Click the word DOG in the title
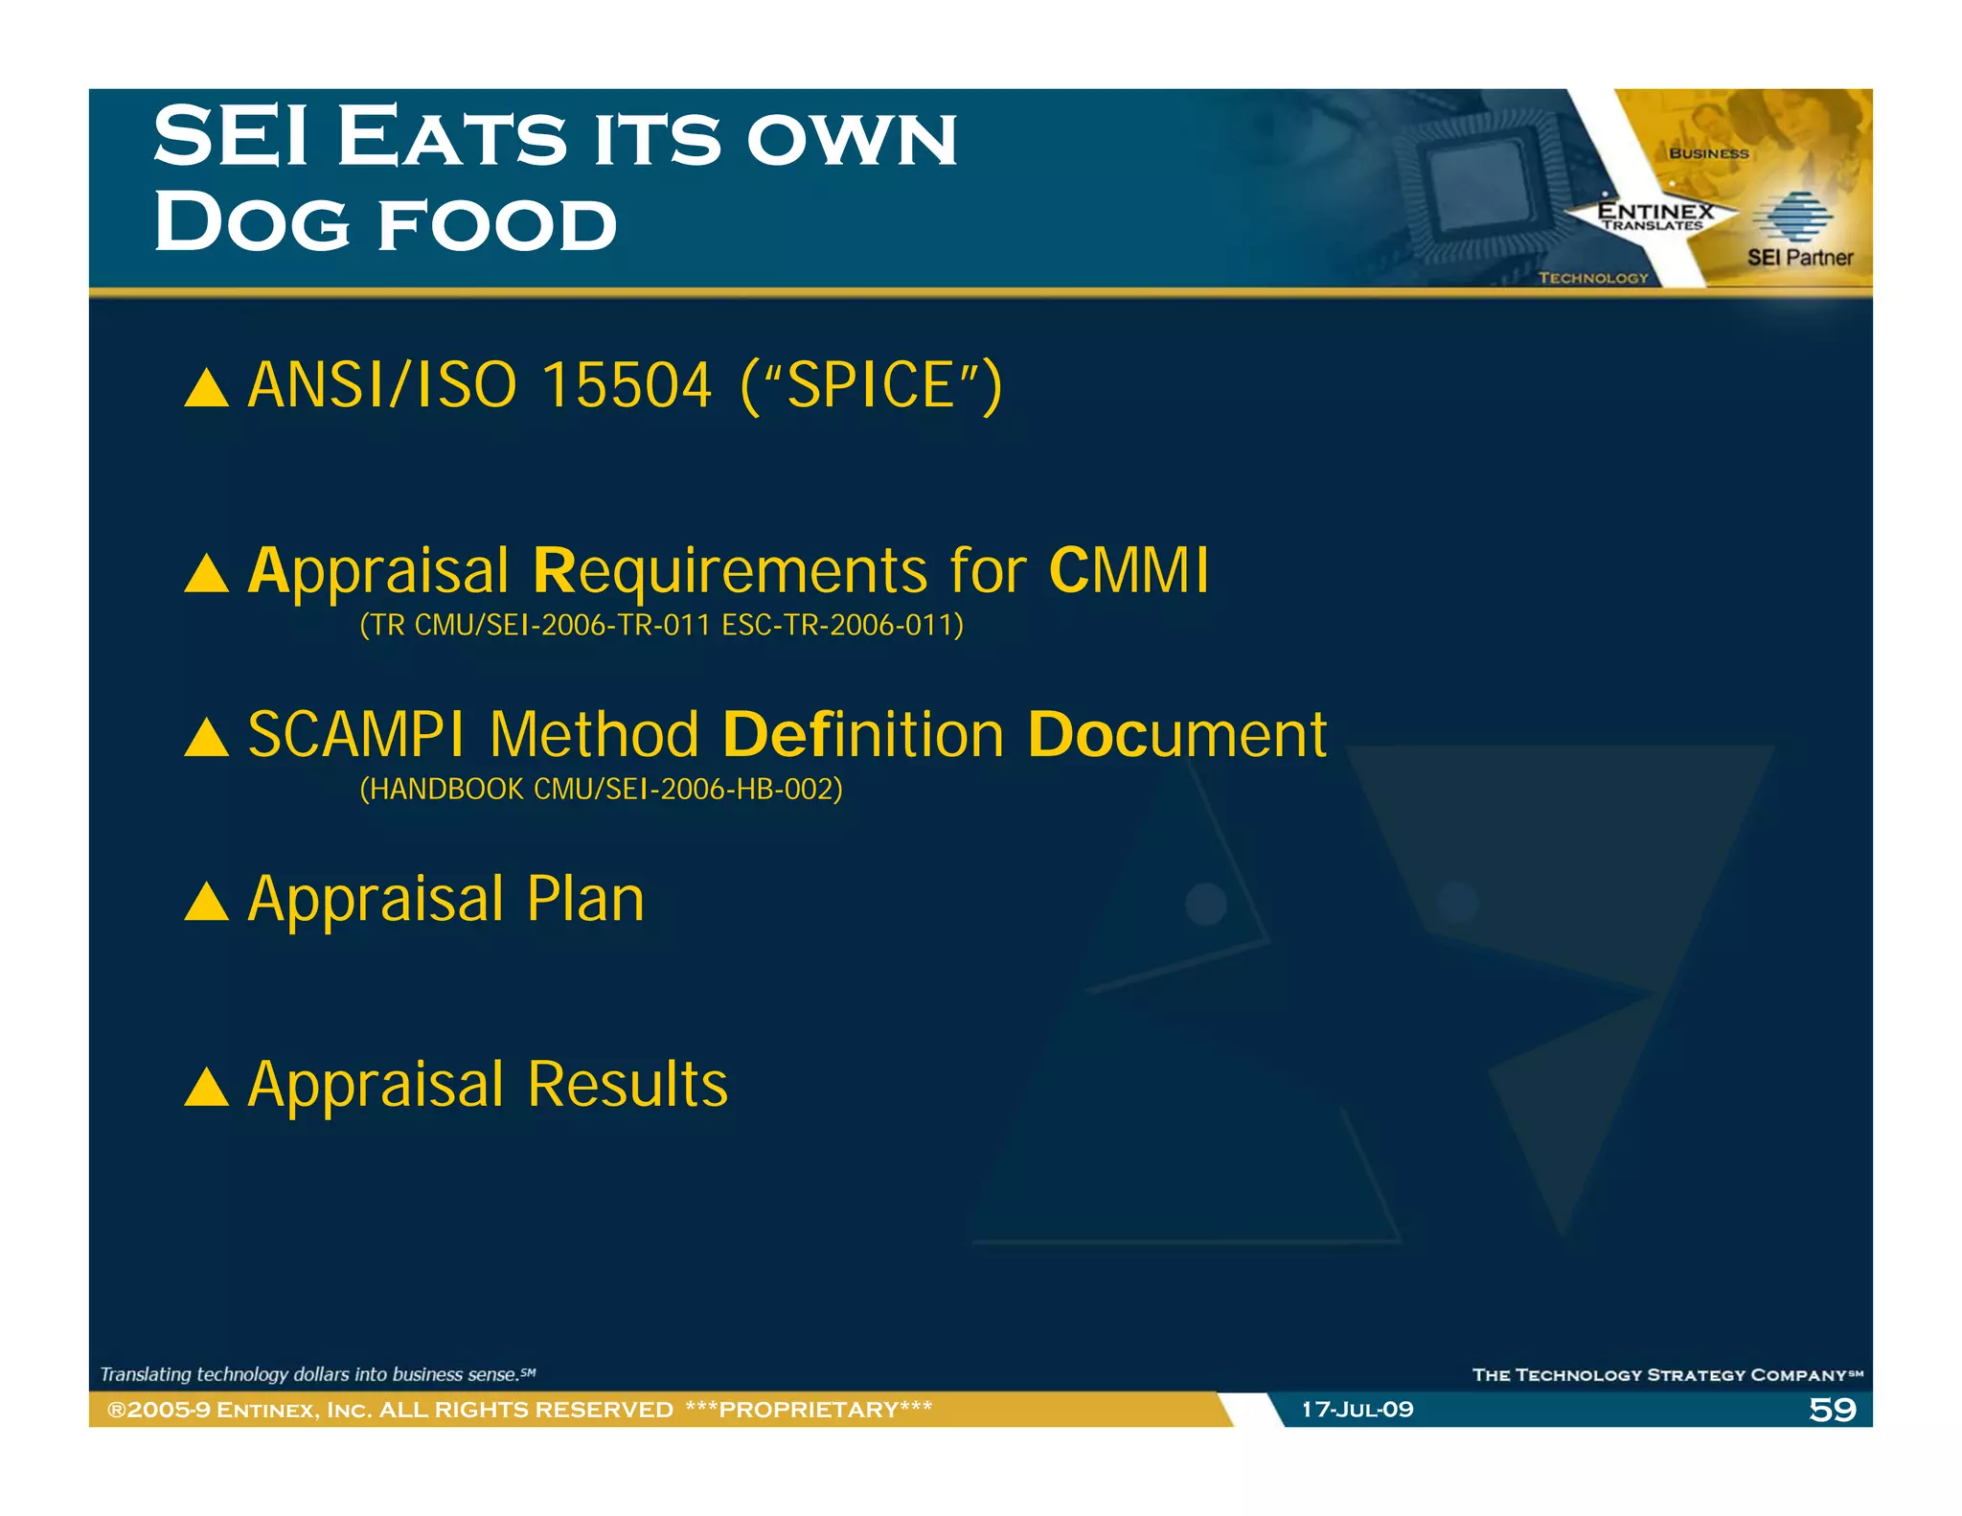[x=252, y=223]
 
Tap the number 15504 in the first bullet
[x=627, y=385]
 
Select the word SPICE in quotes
[x=870, y=385]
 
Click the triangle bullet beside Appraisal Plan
[x=206, y=902]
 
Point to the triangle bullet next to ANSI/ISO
[x=206, y=389]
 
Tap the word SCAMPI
[x=355, y=735]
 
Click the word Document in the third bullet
[x=1176, y=735]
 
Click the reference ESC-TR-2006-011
[x=841, y=626]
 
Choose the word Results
[x=627, y=1085]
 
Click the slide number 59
[x=1832, y=1410]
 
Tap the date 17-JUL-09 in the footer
[x=1357, y=1410]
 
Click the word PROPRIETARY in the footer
[x=809, y=1410]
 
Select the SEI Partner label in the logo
[x=1799, y=257]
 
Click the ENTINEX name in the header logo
[x=1654, y=210]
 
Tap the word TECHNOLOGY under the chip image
[x=1592, y=278]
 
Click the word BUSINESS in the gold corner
[x=1708, y=153]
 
